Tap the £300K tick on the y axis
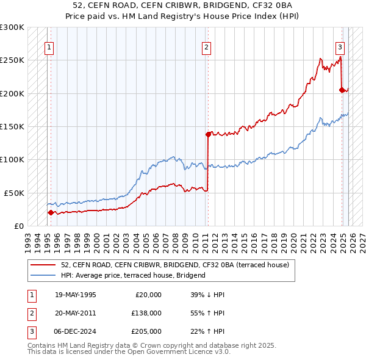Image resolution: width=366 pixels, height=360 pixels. click(12, 27)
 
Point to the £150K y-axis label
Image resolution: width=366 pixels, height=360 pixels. click(12, 126)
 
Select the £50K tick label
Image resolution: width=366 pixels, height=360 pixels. click(15, 192)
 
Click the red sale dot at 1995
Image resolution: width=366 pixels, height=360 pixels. click(51, 212)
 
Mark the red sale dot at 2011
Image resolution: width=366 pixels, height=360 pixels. click(208, 134)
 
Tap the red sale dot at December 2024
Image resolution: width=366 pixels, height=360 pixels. click(342, 90)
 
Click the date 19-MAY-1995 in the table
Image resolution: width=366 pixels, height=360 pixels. click(76, 295)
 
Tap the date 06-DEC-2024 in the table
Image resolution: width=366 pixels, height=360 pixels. click(76, 331)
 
